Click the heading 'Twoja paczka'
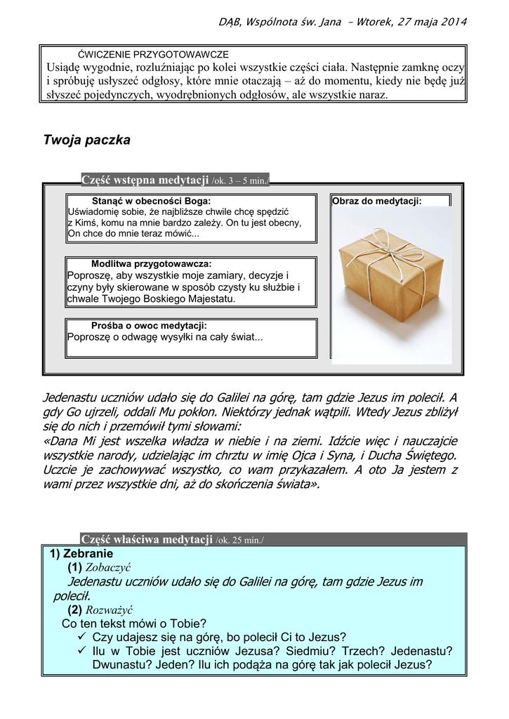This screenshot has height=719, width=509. (87, 140)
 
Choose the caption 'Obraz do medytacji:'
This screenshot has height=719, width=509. (377, 201)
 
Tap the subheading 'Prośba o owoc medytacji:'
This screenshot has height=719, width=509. (149, 326)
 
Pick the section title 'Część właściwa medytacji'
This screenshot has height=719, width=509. (147, 539)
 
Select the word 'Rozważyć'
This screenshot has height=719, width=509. (109, 610)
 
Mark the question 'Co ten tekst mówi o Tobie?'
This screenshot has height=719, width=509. (134, 624)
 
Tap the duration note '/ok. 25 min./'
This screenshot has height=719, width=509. (240, 540)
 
